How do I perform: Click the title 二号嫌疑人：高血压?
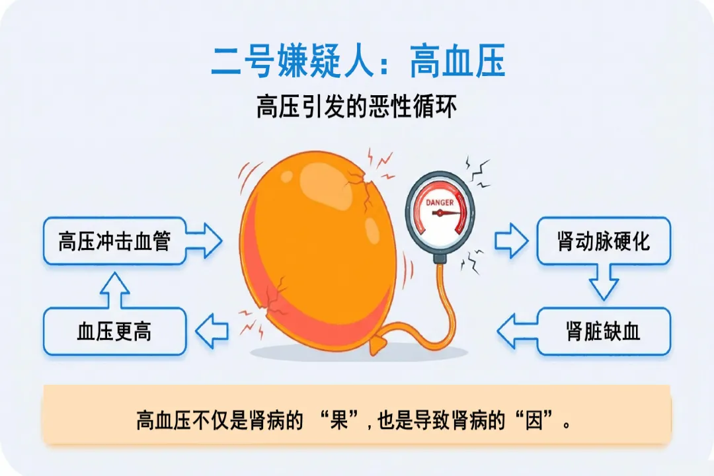pos(358,63)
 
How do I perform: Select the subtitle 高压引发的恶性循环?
pos(356,107)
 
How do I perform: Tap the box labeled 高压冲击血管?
pos(114,241)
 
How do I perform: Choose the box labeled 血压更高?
pos(114,331)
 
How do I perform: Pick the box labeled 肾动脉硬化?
pos(603,241)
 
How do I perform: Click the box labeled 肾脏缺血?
pos(603,331)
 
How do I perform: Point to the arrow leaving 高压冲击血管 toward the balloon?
pos(205,241)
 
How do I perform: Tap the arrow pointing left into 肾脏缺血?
pos(516,331)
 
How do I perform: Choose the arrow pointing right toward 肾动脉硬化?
pos(511,241)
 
